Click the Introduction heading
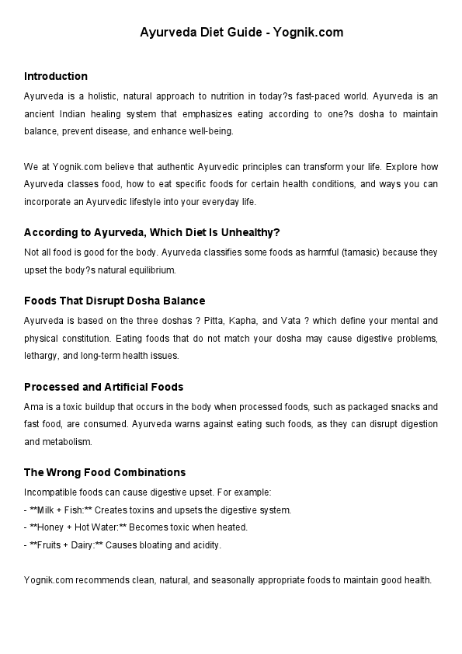(x=55, y=76)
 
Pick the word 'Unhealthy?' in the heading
(x=254, y=232)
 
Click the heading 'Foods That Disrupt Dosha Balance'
(x=114, y=301)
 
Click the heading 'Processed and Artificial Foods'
(x=103, y=387)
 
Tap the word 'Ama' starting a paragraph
(x=33, y=407)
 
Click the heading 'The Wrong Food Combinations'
(x=105, y=472)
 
